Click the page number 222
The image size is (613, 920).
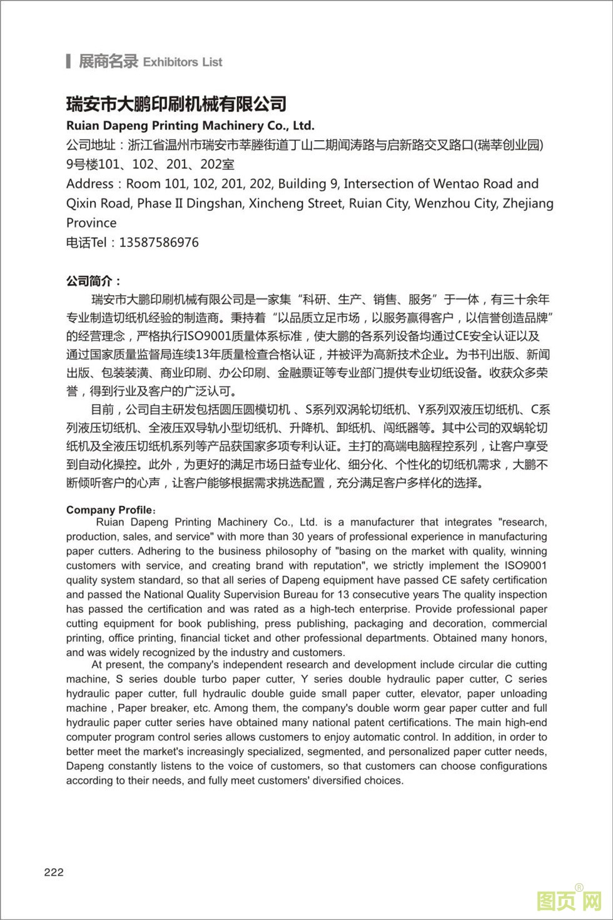[x=54, y=872]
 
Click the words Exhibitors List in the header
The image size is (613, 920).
[x=183, y=62]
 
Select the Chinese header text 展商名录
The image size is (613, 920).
[x=108, y=61]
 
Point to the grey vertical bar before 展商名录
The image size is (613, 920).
[x=68, y=61]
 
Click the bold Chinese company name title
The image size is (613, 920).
[x=176, y=103]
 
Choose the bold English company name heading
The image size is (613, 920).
[x=190, y=126]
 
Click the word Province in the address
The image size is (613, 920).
[x=91, y=223]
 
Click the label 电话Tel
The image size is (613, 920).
[x=86, y=243]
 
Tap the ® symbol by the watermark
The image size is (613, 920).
[x=579, y=887]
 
